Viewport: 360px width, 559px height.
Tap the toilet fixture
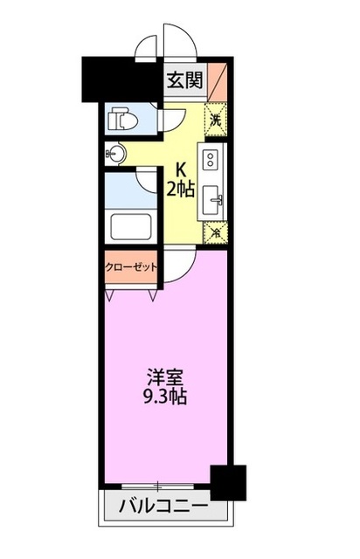click(x=117, y=118)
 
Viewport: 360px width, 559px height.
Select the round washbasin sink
click(x=116, y=155)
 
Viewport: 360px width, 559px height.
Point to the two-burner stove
click(x=211, y=161)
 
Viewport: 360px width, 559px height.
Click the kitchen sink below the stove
click(x=212, y=203)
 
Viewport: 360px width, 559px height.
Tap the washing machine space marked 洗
click(x=215, y=117)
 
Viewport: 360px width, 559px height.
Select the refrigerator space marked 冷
click(x=215, y=233)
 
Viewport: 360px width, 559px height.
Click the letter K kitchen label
click(x=182, y=169)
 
